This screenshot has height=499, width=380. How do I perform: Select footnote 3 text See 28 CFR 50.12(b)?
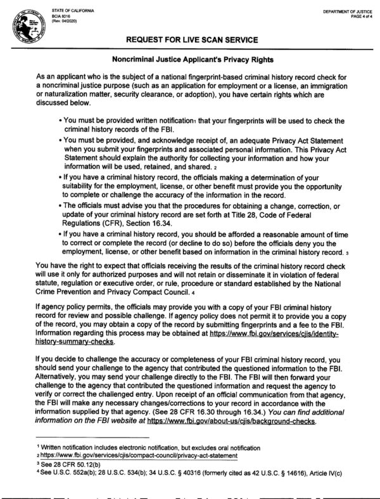coord(66,464)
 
